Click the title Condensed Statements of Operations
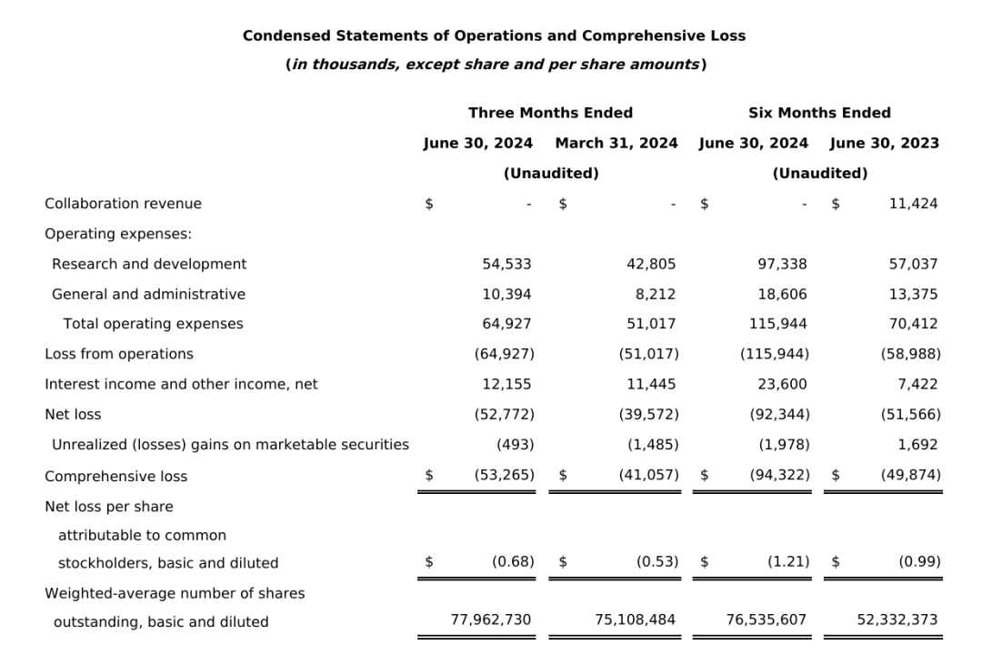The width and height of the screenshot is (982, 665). [x=494, y=35]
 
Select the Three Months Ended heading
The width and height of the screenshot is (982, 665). [x=550, y=113]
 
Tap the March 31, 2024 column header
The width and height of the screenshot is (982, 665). [x=616, y=143]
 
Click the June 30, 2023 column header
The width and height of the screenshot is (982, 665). [x=884, y=143]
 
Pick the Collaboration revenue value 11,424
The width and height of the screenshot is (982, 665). [x=913, y=204]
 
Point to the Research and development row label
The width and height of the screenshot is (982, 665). [x=149, y=264]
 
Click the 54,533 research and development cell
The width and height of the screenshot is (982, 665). [x=506, y=264]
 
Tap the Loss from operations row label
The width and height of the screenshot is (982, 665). [x=119, y=354]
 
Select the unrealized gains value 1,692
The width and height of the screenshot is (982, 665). [x=919, y=445]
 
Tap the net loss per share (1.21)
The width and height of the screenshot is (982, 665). [x=787, y=562]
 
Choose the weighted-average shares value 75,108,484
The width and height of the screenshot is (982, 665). [x=635, y=620]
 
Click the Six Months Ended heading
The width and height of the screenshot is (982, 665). [x=819, y=113]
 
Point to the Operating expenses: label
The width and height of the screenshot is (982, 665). [x=118, y=234]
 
